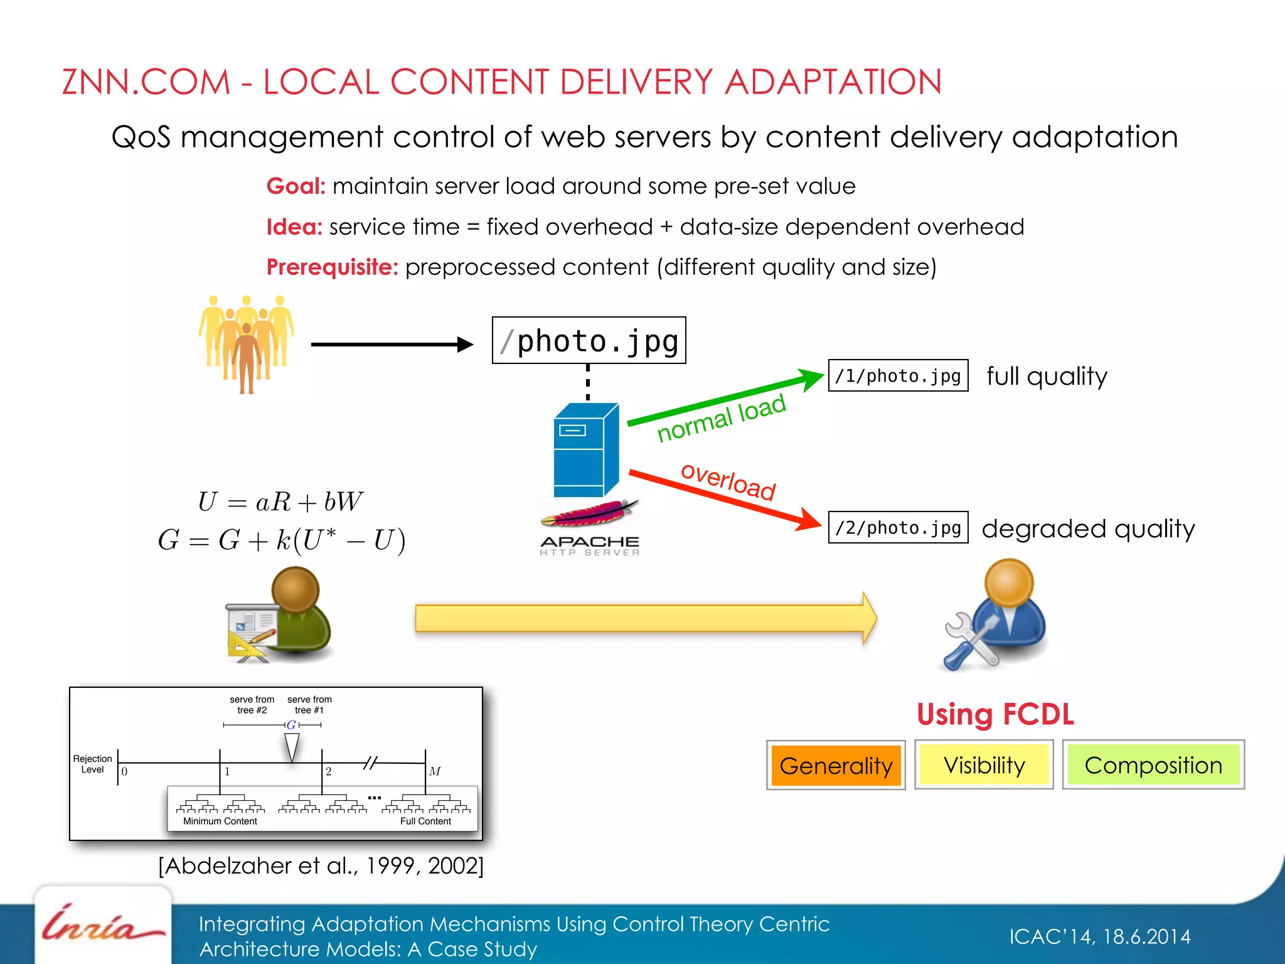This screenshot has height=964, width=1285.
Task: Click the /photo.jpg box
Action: click(589, 341)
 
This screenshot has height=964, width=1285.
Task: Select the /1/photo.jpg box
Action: click(898, 375)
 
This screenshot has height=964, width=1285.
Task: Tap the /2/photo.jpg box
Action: click(898, 527)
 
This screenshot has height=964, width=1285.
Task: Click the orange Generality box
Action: click(836, 765)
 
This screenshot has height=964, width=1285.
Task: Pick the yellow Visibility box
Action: click(984, 765)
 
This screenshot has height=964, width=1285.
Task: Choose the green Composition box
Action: click(1153, 765)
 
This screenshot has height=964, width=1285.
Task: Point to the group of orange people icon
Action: click(247, 343)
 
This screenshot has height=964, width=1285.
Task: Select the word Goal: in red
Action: click(296, 186)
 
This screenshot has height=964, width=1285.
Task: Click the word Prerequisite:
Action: click(332, 267)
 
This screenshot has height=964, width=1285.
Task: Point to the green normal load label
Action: click(722, 418)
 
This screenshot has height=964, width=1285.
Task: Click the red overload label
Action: click(728, 481)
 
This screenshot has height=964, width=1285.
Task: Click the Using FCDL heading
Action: click(995, 714)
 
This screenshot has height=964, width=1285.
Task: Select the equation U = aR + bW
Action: click(280, 501)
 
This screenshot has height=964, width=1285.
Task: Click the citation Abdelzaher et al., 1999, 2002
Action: click(321, 866)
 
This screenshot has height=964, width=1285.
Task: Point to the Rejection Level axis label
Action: click(92, 764)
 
